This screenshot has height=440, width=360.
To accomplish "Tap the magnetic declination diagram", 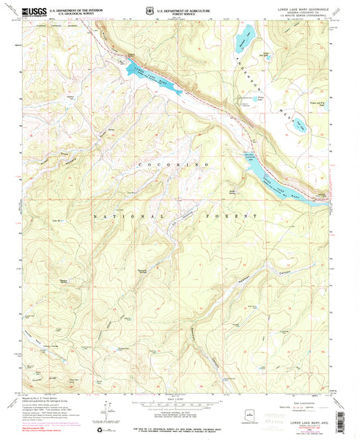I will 99,411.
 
